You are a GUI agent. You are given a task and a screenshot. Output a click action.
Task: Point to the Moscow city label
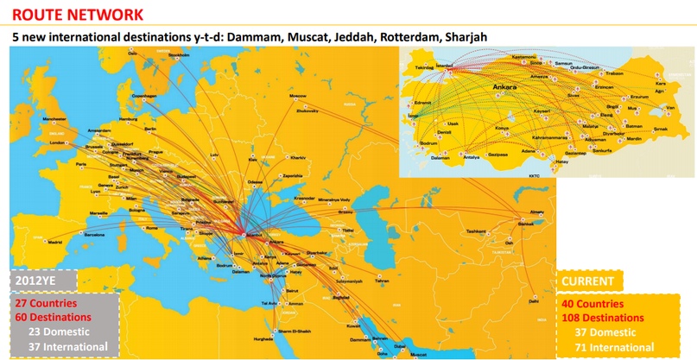click(x=298, y=95)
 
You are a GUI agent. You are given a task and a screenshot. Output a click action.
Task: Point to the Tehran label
click(x=382, y=281)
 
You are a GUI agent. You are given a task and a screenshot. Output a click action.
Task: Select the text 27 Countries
click(x=46, y=304)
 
